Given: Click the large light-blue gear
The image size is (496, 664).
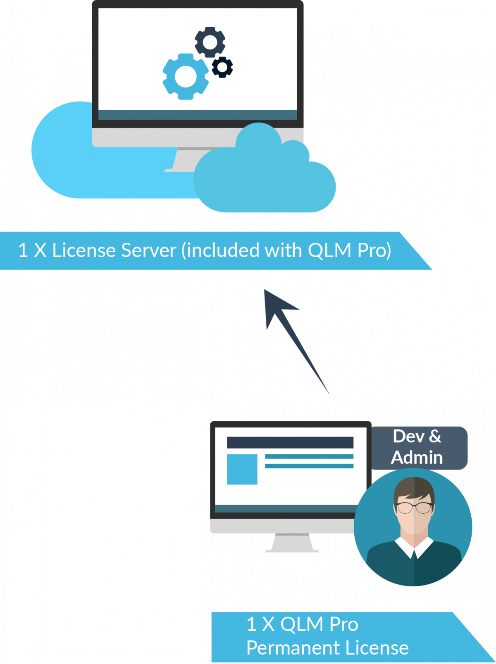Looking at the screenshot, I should pyautogui.click(x=185, y=76).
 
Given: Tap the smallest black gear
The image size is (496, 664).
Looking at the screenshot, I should pyautogui.click(x=222, y=67).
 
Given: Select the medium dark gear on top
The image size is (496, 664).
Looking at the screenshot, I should pyautogui.click(x=210, y=42).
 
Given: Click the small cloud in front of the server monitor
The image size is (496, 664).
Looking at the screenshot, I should pyautogui.click(x=265, y=178).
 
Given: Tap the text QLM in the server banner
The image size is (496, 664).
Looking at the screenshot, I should pyautogui.click(x=329, y=250).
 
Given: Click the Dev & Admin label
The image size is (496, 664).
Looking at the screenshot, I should pyautogui.click(x=417, y=447).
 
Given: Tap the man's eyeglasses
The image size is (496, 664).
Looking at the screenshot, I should pyautogui.click(x=414, y=507).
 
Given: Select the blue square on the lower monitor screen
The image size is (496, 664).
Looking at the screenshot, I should pyautogui.click(x=242, y=469).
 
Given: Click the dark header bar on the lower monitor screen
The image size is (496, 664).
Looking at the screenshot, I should pyautogui.click(x=290, y=442).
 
